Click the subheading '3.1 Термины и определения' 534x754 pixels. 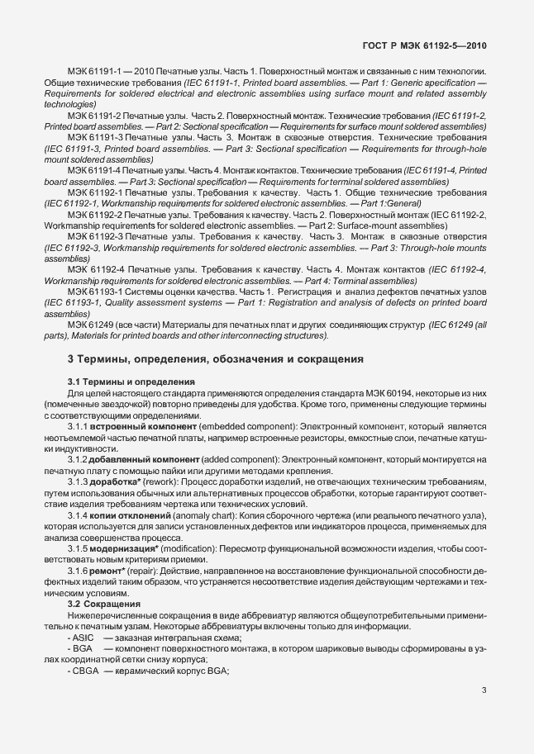click(130, 382)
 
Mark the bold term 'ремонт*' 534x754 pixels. click(113, 571)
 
